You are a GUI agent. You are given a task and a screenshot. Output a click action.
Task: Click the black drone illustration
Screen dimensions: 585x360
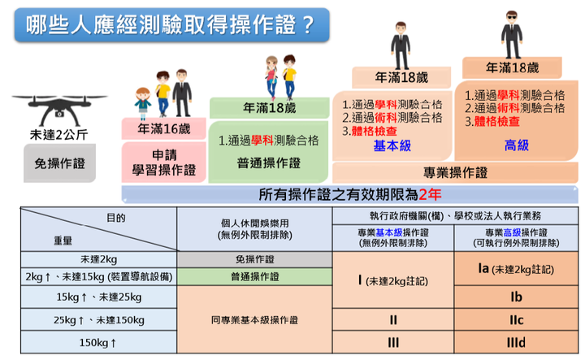(59, 110)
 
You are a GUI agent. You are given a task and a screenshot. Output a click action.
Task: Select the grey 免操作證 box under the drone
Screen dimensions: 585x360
(59, 163)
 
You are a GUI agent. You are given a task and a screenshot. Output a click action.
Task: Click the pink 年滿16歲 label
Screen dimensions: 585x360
(164, 128)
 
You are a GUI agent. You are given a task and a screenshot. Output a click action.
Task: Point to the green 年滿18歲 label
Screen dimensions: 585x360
(270, 108)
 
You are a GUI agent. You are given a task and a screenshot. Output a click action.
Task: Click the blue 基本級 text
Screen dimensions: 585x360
(392, 145)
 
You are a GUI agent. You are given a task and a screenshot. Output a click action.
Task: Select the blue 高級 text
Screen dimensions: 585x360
(517, 145)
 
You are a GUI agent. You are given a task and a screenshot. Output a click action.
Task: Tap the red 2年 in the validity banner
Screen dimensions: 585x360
(430, 194)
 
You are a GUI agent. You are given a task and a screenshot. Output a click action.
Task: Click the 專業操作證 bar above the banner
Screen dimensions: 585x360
(455, 173)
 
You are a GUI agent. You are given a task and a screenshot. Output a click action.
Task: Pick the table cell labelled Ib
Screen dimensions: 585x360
(516, 297)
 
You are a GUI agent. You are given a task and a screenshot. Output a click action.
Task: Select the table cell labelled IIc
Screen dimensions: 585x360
(516, 319)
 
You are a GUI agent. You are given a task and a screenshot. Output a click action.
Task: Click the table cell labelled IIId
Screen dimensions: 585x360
(516, 342)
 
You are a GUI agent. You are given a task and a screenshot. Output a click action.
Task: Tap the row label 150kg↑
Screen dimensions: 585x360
(98, 342)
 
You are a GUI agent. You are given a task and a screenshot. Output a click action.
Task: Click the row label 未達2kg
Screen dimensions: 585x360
(98, 259)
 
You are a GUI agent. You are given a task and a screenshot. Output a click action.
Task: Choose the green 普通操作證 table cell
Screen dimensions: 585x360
(254, 277)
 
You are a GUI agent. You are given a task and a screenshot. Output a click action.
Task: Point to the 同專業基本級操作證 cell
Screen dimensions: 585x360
(254, 319)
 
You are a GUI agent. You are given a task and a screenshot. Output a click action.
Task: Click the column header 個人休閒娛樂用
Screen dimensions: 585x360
(255, 229)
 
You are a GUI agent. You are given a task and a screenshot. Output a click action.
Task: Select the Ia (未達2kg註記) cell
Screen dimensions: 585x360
(516, 269)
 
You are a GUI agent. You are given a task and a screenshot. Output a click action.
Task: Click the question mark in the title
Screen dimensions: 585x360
(308, 24)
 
